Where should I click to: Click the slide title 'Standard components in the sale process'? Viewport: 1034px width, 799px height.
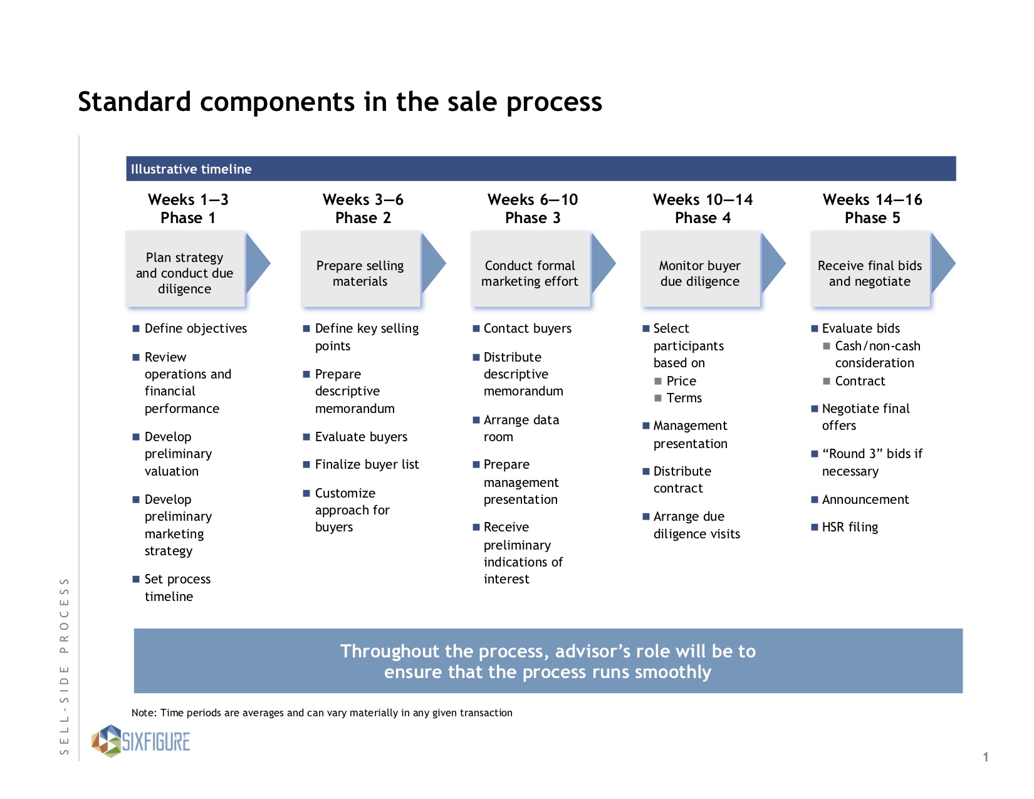[340, 102]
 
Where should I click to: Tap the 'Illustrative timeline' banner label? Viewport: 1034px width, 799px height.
[191, 169]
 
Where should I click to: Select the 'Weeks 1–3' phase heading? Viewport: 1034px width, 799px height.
[188, 199]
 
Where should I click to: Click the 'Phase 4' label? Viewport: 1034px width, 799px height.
[702, 217]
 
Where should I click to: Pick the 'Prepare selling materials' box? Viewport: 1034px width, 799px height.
[360, 269]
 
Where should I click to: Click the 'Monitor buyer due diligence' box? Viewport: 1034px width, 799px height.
[700, 269]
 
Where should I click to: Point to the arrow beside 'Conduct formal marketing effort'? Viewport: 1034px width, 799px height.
[603, 263]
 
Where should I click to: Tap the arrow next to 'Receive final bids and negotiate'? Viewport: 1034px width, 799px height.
[943, 263]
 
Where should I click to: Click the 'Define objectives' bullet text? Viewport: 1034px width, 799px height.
[196, 328]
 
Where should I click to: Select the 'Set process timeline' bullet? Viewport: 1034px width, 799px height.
[177, 588]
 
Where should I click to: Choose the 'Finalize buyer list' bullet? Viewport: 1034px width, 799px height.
[367, 464]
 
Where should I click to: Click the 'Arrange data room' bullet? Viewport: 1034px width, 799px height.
[521, 428]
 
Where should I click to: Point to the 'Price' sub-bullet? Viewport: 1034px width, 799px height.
[681, 381]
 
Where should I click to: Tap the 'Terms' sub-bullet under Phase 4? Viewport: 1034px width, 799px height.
[684, 398]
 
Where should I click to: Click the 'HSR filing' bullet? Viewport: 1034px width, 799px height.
[850, 527]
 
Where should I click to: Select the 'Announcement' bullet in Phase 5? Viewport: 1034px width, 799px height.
[865, 499]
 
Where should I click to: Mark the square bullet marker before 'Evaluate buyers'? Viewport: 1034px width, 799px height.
[306, 437]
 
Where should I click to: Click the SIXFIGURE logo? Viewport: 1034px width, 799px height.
[141, 741]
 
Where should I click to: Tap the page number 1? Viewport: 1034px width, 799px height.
[986, 756]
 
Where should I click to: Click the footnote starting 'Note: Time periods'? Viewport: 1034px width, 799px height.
[321, 713]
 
